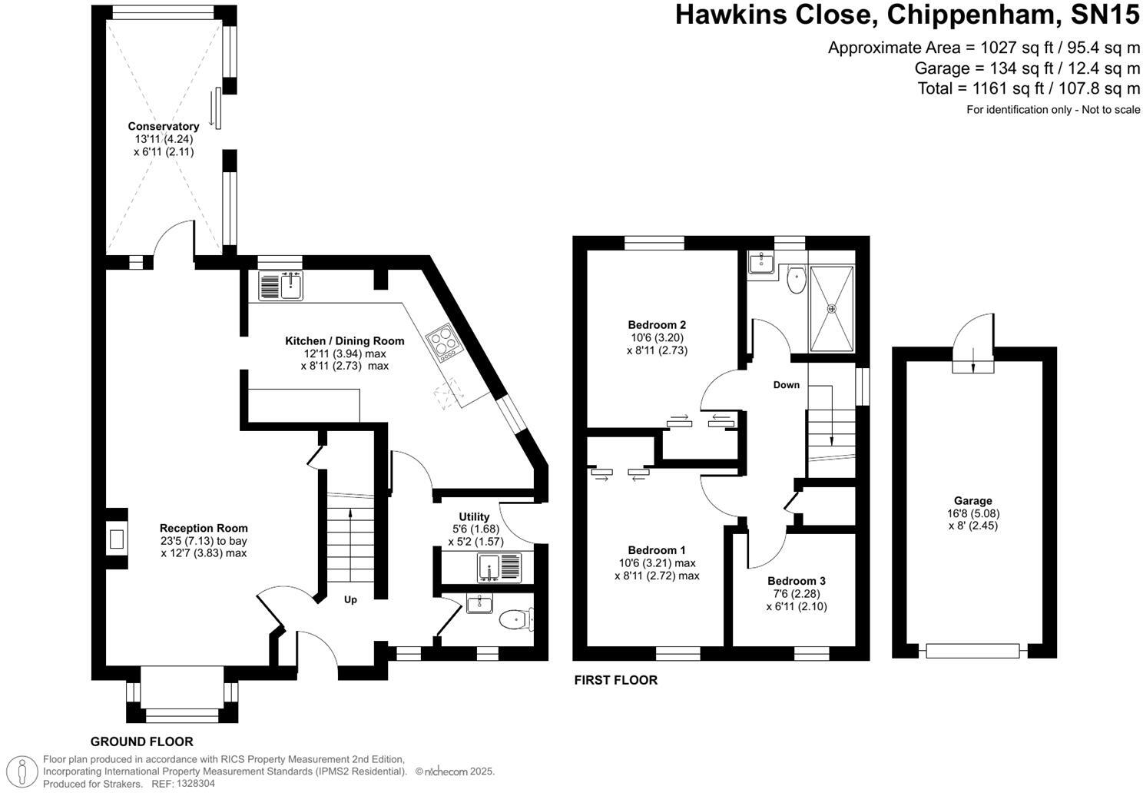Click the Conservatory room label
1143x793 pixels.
[x=163, y=126]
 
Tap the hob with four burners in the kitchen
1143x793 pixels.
[x=442, y=342]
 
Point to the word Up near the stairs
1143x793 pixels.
[x=350, y=600]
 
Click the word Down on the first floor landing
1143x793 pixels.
[x=786, y=385]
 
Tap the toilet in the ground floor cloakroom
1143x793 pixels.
[x=515, y=619]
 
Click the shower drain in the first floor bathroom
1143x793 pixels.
[x=831, y=309]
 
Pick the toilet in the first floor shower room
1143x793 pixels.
[x=797, y=280]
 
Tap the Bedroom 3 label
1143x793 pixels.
[x=797, y=581]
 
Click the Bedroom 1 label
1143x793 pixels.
[x=657, y=550]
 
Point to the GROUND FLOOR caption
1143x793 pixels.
[x=142, y=742]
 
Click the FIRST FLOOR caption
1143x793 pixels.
[x=616, y=680]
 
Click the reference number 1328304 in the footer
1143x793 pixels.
[x=195, y=784]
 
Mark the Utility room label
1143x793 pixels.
[x=474, y=516]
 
